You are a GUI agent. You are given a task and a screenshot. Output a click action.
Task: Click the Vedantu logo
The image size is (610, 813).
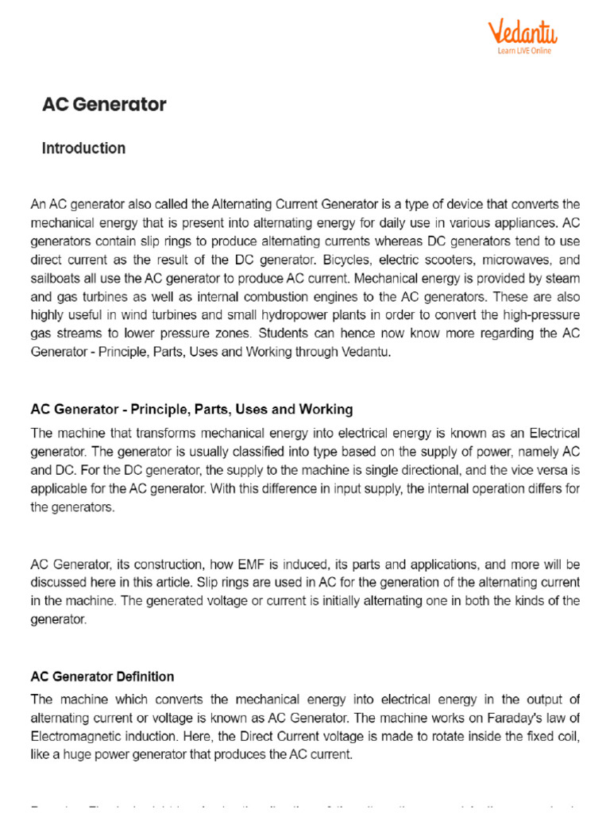point(522,33)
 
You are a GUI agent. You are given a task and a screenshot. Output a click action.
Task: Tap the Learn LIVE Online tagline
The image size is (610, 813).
point(524,51)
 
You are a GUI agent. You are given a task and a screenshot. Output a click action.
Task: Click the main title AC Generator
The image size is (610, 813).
point(104,105)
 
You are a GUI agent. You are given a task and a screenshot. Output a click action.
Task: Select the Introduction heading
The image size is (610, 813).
point(83,148)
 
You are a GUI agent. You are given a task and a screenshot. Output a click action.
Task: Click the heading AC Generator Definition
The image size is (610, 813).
point(102,676)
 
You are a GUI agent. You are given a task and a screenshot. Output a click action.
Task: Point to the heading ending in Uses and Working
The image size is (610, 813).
point(191,410)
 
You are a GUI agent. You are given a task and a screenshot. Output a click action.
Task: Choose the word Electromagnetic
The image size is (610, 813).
point(75,735)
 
